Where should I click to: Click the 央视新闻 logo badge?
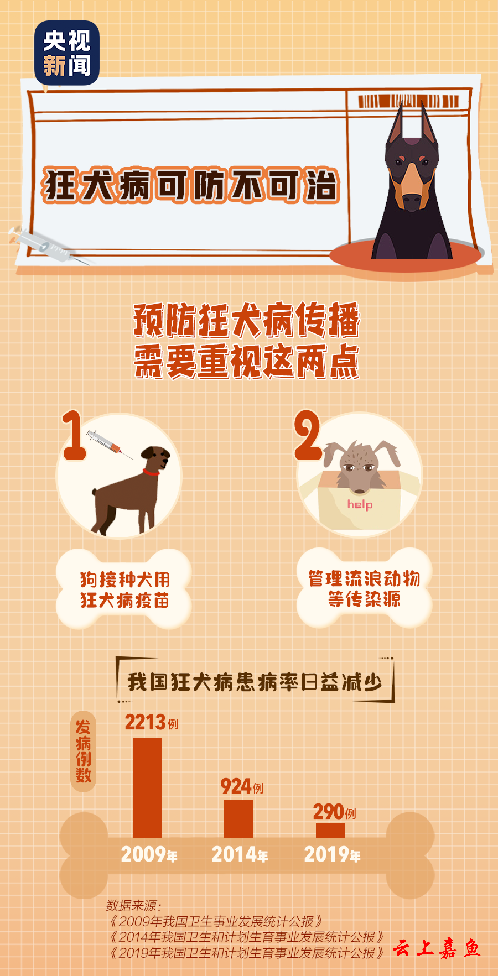click(67, 53)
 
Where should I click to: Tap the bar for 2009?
click(147, 787)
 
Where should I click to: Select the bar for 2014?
click(238, 818)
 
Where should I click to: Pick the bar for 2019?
click(330, 830)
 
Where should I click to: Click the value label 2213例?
click(152, 722)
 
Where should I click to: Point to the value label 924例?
click(242, 786)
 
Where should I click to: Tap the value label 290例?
click(334, 812)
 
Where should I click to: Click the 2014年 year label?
click(240, 855)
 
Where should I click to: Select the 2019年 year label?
click(332, 855)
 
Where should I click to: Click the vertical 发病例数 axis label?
click(84, 751)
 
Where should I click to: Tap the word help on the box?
click(360, 504)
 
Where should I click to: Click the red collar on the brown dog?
click(151, 472)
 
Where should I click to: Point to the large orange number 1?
click(74, 435)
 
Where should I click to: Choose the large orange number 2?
click(308, 435)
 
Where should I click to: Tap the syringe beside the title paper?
click(47, 245)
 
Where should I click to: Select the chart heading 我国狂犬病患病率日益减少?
click(255, 682)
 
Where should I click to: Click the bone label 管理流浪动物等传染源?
click(364, 588)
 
